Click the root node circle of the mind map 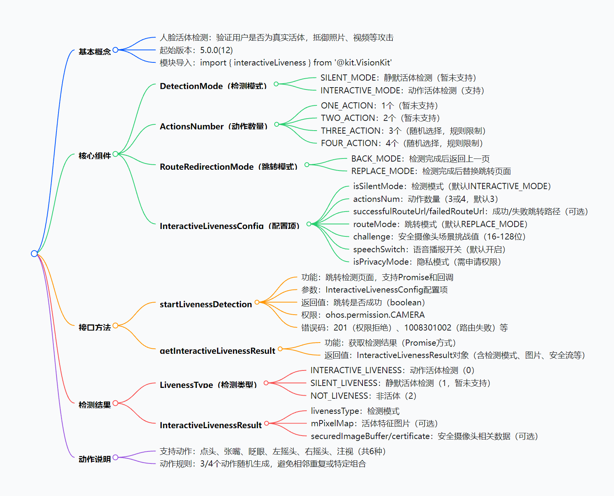pos(34,253)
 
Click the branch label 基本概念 pos(94,52)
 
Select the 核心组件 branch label pos(94,156)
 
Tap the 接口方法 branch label pos(94,327)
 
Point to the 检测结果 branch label pos(94,405)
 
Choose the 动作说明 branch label pos(94,459)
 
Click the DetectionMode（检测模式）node pos(214,86)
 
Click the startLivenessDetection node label pos(206,304)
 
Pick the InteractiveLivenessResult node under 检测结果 pos(210,425)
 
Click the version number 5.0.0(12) pos(216,50)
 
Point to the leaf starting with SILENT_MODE pos(398,78)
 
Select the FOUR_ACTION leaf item pos(402,143)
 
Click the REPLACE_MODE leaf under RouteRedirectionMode pos(431,171)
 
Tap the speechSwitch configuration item pos(429,250)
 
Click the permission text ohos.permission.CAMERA pos(375,315)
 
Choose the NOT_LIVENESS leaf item pos(364,396)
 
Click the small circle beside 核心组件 pos(115,154)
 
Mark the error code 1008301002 pos(428,327)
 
